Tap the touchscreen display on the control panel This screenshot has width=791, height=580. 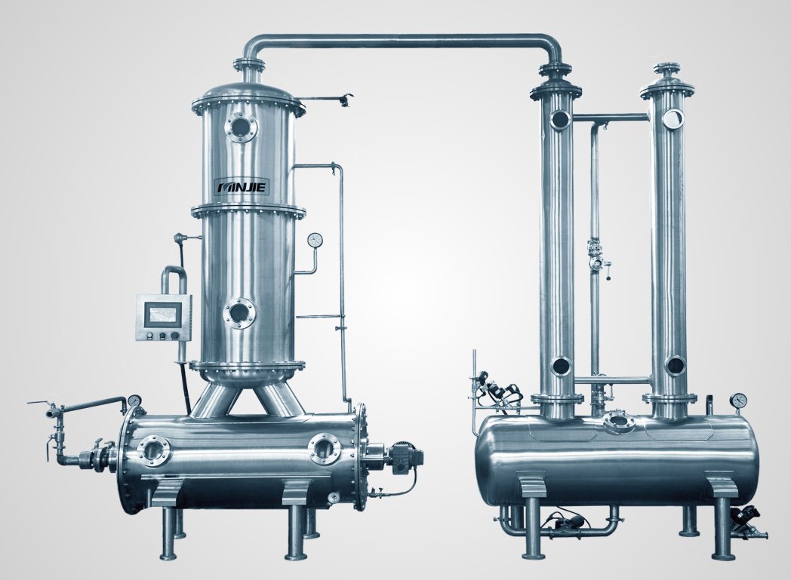[162, 313]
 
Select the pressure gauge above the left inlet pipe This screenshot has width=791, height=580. [134, 400]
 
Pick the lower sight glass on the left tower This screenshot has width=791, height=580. [239, 313]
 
